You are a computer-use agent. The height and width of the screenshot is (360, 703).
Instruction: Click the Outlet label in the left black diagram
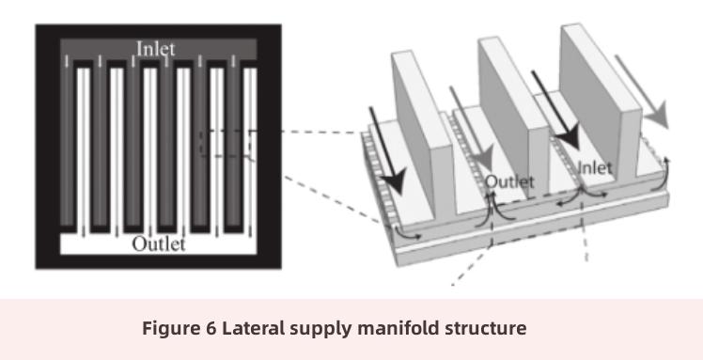(x=158, y=244)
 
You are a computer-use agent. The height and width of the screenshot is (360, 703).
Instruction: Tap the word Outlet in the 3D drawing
(x=509, y=180)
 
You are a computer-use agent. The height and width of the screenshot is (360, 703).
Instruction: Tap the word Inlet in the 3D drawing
(x=595, y=168)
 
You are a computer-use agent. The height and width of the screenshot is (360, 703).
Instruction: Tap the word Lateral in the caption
(x=239, y=329)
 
